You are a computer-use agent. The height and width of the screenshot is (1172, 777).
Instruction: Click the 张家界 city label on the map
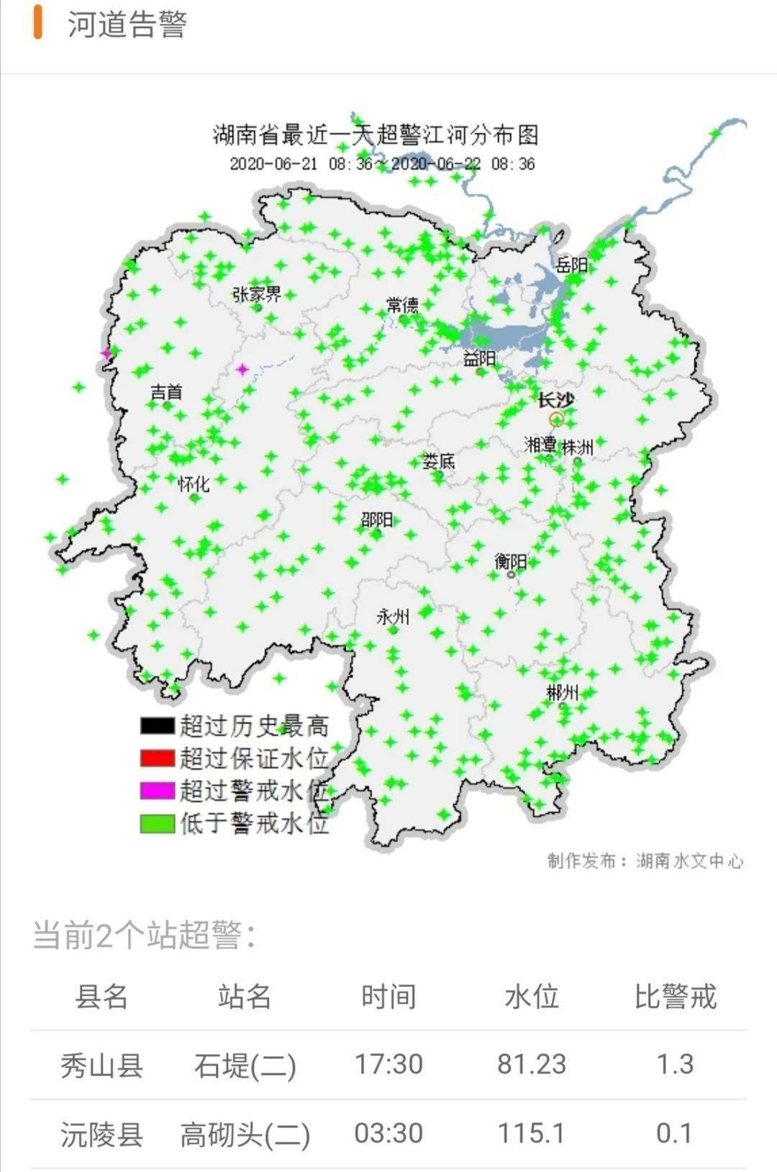[x=257, y=294]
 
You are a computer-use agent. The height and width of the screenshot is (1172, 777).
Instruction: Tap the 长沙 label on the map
[x=556, y=399]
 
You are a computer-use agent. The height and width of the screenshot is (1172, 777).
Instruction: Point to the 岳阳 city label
[x=572, y=264]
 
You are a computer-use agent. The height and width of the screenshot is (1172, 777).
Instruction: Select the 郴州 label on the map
[x=562, y=693]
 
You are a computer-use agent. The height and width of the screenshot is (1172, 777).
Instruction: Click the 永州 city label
[x=393, y=617]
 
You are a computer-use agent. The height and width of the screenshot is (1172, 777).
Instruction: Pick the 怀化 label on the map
[x=194, y=483]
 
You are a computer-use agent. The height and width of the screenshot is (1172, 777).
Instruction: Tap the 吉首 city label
[x=166, y=392]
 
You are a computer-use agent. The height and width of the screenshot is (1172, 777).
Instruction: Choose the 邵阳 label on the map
[x=376, y=519]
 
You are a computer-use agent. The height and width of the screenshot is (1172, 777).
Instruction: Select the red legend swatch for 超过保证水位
[x=158, y=758]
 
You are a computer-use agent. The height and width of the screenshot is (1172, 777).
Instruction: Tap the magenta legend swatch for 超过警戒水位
[x=158, y=791]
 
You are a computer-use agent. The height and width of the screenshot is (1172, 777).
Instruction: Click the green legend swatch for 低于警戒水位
[x=158, y=823]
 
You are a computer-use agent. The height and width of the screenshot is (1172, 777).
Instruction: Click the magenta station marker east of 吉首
[x=243, y=370]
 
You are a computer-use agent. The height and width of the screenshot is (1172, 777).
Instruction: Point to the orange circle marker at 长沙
[x=556, y=419]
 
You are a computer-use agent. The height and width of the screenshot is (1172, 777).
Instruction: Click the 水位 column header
[x=532, y=997]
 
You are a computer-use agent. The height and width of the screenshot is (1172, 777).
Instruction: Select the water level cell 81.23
[x=532, y=1064]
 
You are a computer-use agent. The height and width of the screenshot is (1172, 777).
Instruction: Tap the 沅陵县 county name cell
[x=101, y=1134]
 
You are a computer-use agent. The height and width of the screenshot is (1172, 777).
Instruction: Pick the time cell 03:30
[x=388, y=1133]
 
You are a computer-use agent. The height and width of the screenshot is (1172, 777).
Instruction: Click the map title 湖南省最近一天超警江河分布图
[x=376, y=135]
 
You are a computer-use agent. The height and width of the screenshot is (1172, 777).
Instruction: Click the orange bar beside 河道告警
[x=37, y=23]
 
